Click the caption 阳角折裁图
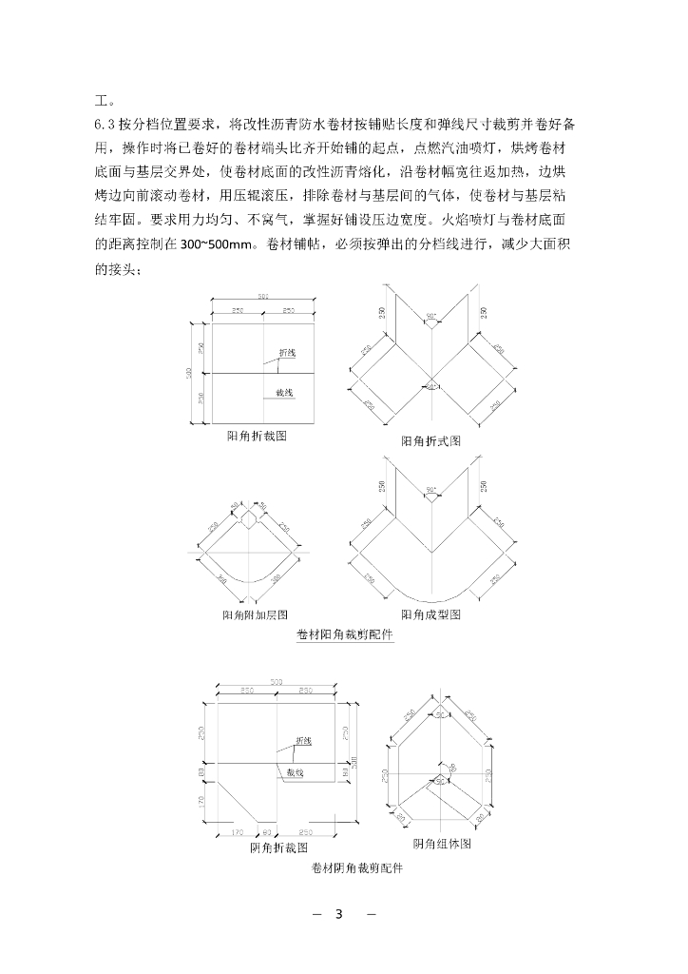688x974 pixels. [257, 436]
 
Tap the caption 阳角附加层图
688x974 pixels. [255, 615]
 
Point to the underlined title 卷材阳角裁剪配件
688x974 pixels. [345, 635]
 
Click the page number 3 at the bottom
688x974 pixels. [337, 915]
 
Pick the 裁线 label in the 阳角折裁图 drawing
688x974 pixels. [284, 392]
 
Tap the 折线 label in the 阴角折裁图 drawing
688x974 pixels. [303, 740]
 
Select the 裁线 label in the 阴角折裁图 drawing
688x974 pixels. [296, 774]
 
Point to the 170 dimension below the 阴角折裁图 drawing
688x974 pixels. [239, 831]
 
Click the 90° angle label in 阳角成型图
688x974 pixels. [430, 492]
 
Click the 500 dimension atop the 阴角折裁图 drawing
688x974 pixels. [277, 681]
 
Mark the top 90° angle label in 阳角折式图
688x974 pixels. [430, 315]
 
